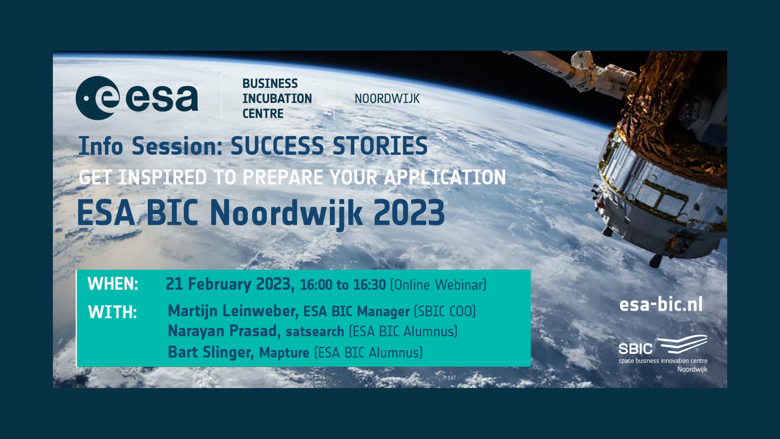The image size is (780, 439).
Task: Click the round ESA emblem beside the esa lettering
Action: tap(97, 98)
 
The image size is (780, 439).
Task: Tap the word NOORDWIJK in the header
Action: tap(387, 99)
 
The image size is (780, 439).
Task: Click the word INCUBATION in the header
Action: tap(277, 99)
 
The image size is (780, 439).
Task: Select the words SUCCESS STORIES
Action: tap(329, 146)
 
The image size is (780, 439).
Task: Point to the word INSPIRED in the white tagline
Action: tap(162, 178)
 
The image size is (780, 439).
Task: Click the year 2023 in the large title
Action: tap(409, 213)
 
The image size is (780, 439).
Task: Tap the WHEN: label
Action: tap(113, 284)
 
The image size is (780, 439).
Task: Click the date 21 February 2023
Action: tap(230, 284)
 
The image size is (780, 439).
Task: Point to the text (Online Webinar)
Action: tap(438, 285)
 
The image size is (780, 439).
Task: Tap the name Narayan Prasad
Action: tap(224, 331)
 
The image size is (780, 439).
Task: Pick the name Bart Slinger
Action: tap(210, 352)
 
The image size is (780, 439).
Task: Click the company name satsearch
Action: tap(315, 332)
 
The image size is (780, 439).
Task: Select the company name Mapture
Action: tap(284, 353)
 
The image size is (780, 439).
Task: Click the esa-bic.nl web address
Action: tap(661, 304)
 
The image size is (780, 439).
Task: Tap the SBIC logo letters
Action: tap(635, 349)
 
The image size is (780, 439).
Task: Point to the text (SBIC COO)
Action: tap(445, 312)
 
